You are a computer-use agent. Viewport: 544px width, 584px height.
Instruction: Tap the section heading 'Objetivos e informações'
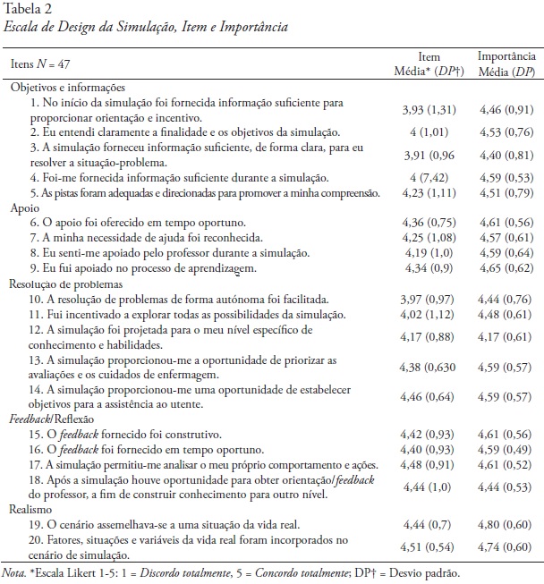68,88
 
